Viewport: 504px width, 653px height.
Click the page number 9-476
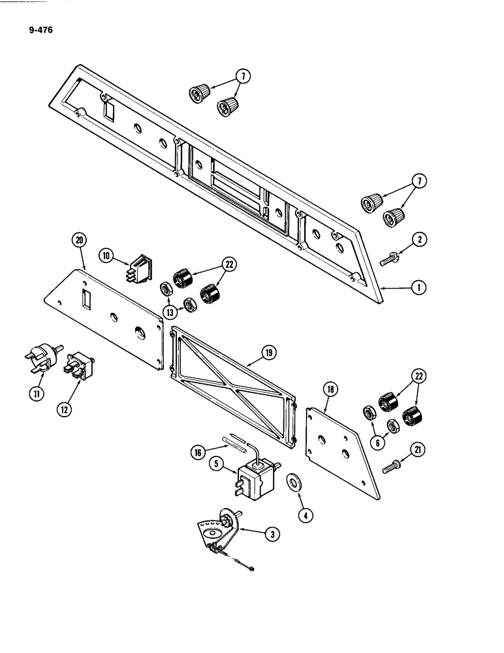click(40, 29)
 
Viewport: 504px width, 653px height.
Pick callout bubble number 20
click(79, 240)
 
